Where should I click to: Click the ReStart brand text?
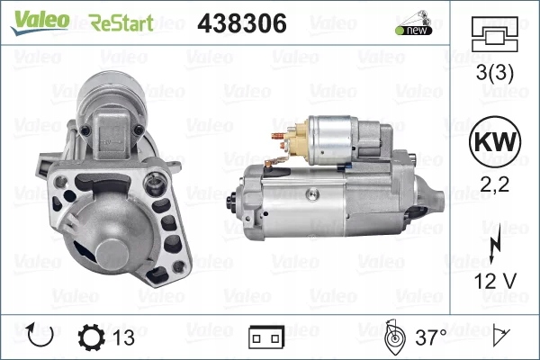[x=121, y=22]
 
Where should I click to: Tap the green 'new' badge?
[x=414, y=30]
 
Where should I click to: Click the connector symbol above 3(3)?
[x=493, y=35]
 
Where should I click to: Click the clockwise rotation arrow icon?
[x=40, y=337]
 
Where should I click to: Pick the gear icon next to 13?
[x=92, y=337]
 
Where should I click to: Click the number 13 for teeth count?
[x=125, y=338]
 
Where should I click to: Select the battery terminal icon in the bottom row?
[x=266, y=338]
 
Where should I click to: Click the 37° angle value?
[x=429, y=338]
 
